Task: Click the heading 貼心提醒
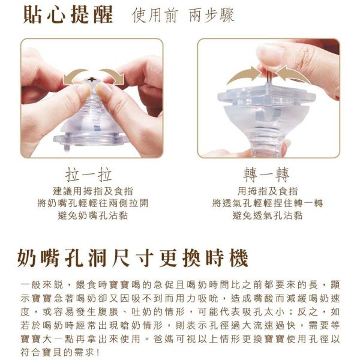[68, 15]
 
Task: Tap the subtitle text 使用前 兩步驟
[182, 16]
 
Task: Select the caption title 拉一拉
[91, 175]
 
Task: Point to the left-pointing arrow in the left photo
[76, 76]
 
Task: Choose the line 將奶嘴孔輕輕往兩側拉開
[91, 203]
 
